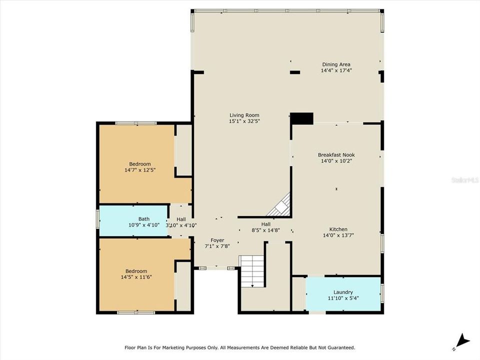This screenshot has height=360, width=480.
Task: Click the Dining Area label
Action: coord(336,64)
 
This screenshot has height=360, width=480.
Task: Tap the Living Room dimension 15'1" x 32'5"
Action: coord(244,121)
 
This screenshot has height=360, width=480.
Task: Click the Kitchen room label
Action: coord(338,229)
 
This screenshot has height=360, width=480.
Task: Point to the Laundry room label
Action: coord(343,292)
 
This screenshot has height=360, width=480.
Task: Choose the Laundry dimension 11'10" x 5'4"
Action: coord(343,298)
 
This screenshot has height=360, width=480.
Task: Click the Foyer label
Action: coord(217,240)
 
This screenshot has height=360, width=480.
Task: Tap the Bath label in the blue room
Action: coord(144,219)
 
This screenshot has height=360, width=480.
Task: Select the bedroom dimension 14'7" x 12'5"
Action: coord(140,170)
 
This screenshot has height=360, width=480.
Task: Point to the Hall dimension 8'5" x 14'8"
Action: coord(265,230)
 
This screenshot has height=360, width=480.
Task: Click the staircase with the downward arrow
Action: coord(251,271)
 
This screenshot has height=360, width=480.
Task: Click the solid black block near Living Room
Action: coord(302,118)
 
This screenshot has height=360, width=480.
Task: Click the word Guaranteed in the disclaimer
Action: coord(337,347)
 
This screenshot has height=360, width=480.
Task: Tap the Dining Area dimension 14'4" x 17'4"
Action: coord(336,70)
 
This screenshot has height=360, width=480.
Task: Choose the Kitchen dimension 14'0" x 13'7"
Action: coord(338,235)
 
